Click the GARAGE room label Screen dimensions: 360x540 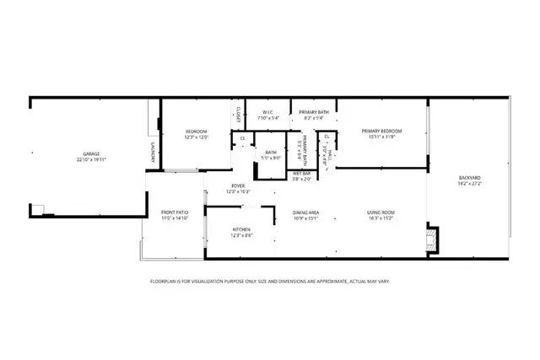(91, 153)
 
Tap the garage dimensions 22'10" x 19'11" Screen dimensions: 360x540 (91, 159)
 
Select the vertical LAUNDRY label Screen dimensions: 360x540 (154, 153)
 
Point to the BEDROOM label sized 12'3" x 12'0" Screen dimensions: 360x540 (197, 131)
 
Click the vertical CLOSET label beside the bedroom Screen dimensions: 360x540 (239, 114)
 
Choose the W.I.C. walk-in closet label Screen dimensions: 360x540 (267, 112)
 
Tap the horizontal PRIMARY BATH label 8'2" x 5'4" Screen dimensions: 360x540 (315, 112)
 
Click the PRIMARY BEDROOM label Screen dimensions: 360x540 (381, 131)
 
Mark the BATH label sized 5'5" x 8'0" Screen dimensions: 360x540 (271, 153)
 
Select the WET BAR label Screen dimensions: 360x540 (302, 174)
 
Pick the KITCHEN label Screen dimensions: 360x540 (242, 230)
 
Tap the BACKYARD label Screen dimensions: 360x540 (470, 177)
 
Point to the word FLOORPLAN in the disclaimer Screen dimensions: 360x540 (163, 281)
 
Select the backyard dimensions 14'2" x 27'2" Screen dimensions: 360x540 (470, 183)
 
